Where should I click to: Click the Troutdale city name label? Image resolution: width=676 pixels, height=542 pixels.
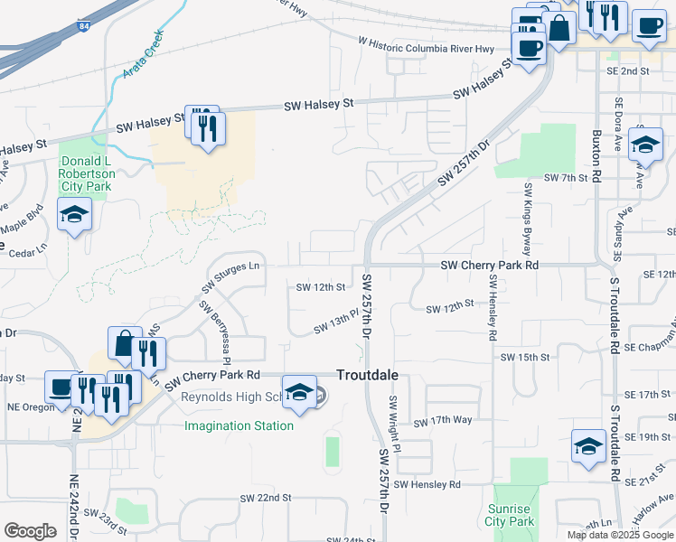(367, 375)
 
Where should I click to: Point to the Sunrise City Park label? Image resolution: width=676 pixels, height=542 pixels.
(510, 515)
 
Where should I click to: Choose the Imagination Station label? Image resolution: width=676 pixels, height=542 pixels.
(239, 425)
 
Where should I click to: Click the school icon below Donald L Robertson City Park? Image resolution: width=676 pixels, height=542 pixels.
(75, 216)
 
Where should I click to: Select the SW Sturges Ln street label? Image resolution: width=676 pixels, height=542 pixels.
(231, 276)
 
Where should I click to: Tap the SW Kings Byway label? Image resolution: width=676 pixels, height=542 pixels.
(527, 218)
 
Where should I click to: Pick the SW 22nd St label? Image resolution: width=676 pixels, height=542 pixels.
(266, 498)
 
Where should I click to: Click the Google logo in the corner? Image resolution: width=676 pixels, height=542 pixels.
(30, 531)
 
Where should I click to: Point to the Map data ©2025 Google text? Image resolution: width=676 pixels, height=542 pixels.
(620, 535)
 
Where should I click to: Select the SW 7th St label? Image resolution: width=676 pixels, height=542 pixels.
(566, 178)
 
